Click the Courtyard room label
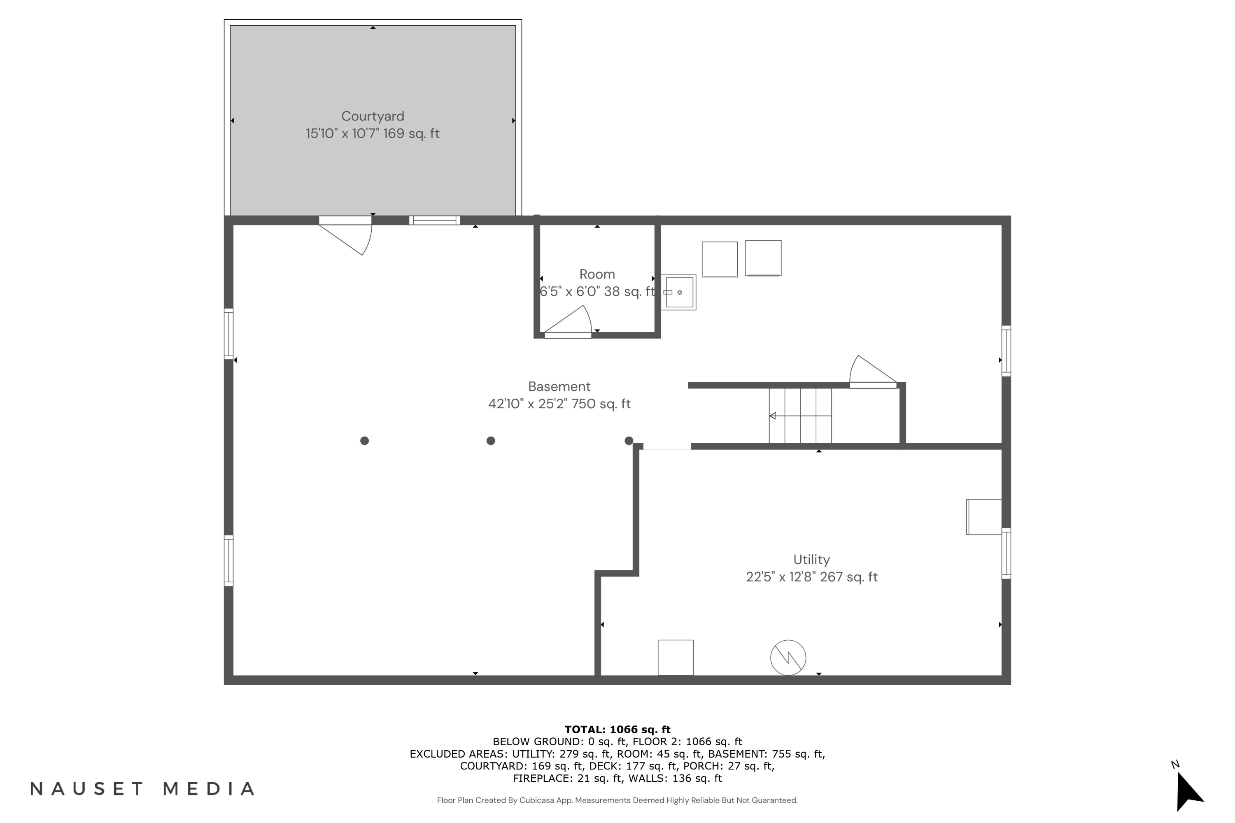373,116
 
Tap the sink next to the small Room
678,292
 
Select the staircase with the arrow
800,416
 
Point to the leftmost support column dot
364,441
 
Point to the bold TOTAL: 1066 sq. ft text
617,729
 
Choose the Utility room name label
811,560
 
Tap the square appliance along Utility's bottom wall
676,657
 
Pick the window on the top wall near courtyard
435,221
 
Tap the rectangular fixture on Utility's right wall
984,517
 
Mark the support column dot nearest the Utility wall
629,441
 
